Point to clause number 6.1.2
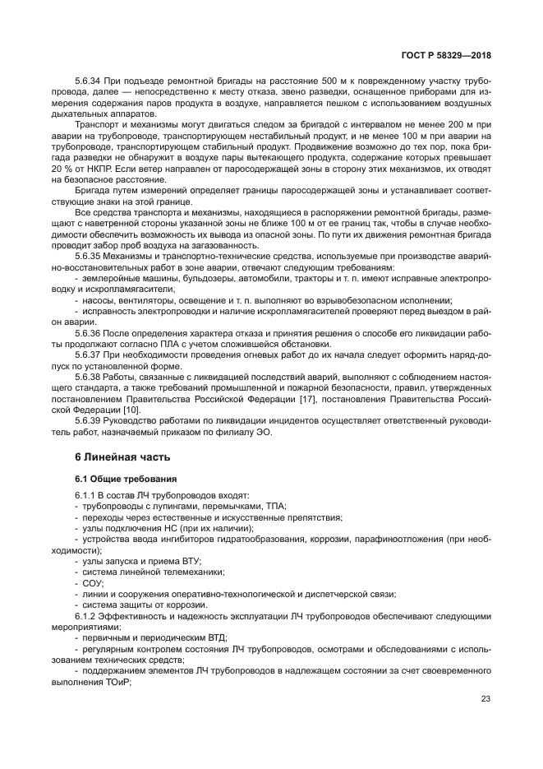[88, 615]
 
